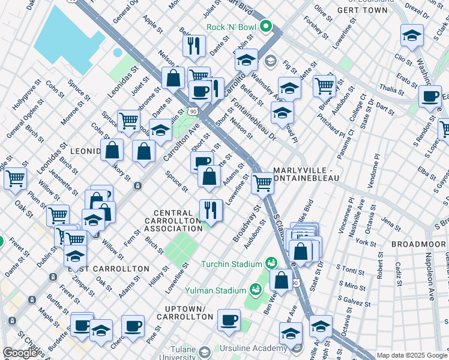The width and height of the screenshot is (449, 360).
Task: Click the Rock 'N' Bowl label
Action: pos(231,27)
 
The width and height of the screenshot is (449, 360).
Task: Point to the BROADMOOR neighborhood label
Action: pos(415,245)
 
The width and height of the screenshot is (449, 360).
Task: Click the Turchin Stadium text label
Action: pos(231,264)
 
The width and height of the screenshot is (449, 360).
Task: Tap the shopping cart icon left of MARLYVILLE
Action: pos(262,183)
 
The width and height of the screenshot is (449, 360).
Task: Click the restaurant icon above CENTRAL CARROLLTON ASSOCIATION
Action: pos(210,209)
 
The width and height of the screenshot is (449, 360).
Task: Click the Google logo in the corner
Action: pos(20,353)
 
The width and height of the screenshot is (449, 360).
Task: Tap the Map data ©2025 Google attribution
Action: pos(412,355)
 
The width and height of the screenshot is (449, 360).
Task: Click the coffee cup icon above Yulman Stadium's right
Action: pos(228,320)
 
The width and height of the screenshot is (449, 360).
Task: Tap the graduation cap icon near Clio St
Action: pos(412,35)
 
